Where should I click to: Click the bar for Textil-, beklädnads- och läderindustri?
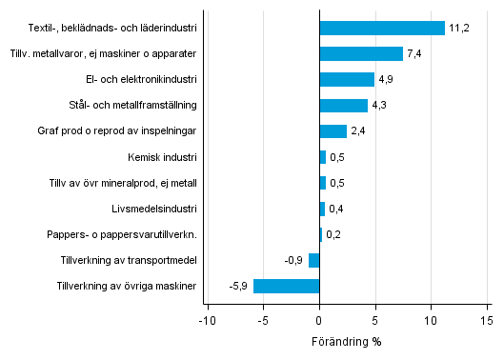382,28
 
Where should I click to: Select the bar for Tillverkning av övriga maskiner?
286,286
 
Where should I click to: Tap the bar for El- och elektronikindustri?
347,79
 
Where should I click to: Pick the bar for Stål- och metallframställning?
343,105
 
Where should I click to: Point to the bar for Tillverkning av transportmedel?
314,260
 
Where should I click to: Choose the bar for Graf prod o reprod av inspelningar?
333,130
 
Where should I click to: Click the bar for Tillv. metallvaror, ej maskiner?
361,53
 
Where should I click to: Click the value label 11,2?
459,29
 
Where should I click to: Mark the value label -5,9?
238,286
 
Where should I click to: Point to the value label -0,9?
294,260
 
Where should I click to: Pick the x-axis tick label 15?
488,320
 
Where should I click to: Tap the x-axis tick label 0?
319,320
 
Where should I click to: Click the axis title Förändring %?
347,341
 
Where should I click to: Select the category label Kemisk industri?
162,156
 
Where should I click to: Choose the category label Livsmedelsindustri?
154,208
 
